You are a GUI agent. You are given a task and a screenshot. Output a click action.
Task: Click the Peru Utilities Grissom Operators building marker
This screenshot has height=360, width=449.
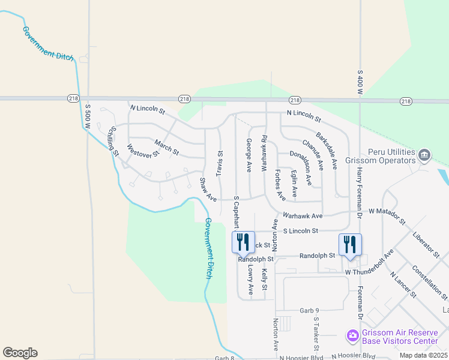click(x=424, y=155)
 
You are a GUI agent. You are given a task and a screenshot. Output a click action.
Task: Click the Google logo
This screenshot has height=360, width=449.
click(x=20, y=353)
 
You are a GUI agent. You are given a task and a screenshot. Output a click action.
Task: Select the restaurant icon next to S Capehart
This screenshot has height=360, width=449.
click(x=243, y=242)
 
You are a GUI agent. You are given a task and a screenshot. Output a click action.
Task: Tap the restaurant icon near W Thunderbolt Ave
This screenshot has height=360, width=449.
click(x=350, y=245)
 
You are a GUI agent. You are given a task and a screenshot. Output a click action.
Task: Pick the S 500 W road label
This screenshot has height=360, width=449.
click(x=88, y=118)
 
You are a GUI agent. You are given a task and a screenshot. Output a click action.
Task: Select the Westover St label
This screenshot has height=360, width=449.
click(x=143, y=150)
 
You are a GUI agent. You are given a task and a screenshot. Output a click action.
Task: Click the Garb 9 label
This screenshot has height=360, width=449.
click(x=307, y=310)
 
